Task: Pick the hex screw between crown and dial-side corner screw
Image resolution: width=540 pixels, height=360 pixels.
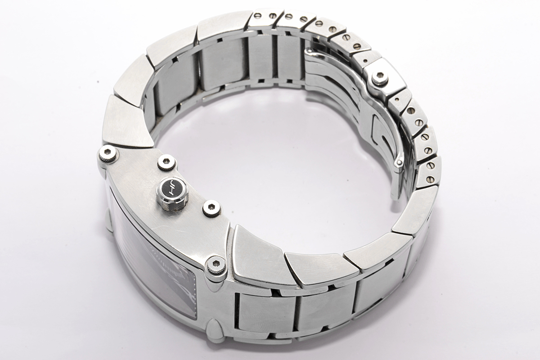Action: (211, 207)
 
